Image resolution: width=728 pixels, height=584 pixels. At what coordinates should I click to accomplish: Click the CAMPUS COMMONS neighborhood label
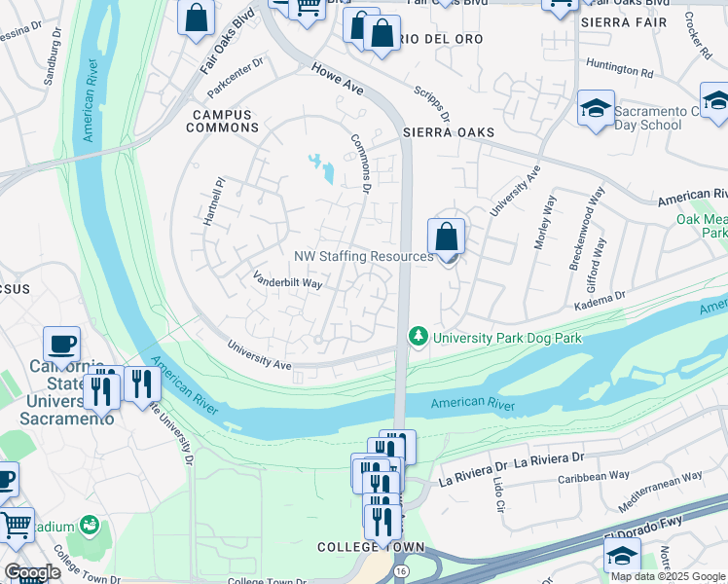[x=219, y=121]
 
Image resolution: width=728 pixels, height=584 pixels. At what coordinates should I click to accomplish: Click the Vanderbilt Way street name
[x=287, y=281]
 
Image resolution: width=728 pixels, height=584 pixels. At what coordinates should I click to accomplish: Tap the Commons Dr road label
[x=361, y=160]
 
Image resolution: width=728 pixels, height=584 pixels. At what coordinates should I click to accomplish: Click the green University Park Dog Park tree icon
[x=419, y=336]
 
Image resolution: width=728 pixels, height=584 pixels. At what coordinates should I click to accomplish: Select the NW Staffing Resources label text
[x=363, y=257]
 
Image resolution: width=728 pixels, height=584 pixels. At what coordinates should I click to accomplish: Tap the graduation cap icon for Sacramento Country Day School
[x=595, y=109]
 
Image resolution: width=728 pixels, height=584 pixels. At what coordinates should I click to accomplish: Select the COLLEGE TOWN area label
[x=358, y=548]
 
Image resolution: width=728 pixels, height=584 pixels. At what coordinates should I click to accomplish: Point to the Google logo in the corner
[x=32, y=572]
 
